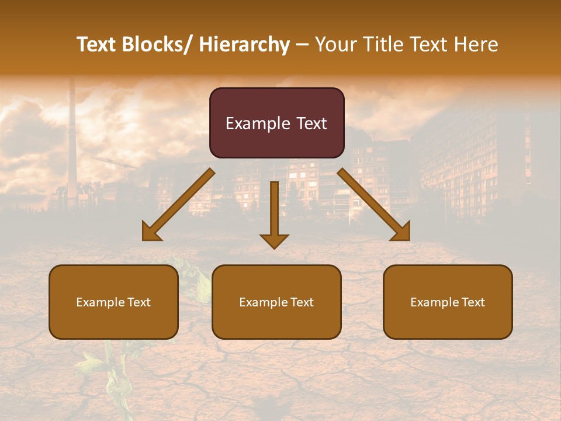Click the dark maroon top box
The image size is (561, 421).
click(276, 123)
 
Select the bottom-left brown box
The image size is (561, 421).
click(113, 302)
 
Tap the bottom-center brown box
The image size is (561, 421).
click(276, 302)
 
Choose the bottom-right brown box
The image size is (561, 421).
click(448, 302)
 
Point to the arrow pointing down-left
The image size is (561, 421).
click(178, 205)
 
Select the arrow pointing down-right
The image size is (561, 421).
click(374, 205)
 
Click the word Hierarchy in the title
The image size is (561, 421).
click(244, 44)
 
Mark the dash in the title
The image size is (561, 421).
click(302, 44)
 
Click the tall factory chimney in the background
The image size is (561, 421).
click(72, 140)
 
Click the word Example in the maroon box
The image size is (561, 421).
click(252, 123)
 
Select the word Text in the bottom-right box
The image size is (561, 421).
click(473, 302)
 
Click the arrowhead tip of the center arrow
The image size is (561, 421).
click(274, 248)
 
